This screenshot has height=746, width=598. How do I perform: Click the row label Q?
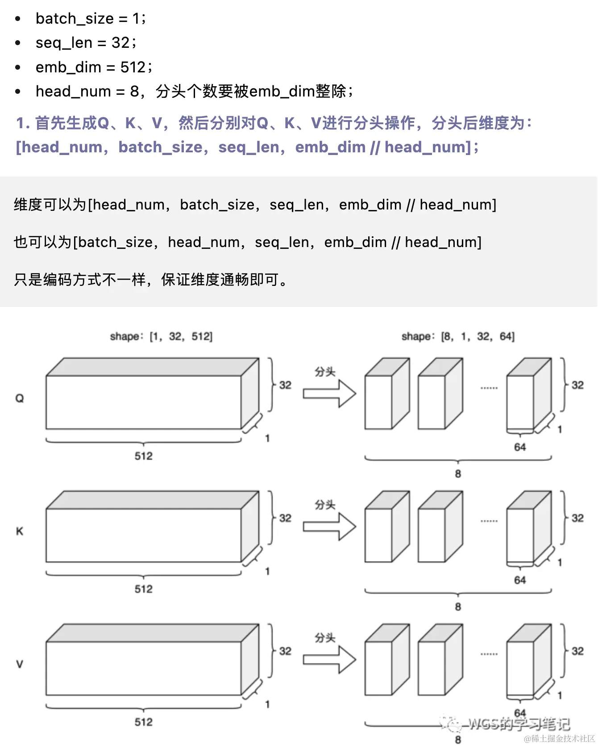(x=20, y=398)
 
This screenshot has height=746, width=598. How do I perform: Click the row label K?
(x=20, y=531)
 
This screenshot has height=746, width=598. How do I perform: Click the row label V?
(x=20, y=664)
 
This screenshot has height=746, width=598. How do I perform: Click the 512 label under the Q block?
(x=144, y=456)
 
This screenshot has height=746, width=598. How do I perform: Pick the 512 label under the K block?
(x=144, y=589)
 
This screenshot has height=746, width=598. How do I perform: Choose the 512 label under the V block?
(x=144, y=722)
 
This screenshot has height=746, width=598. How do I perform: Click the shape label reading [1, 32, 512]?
(x=161, y=336)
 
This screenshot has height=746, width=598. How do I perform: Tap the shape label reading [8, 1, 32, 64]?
(x=458, y=336)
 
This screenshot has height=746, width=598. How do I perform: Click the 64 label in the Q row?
(x=520, y=447)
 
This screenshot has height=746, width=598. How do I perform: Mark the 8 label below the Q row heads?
(x=458, y=474)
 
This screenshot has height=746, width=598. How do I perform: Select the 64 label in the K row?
(x=520, y=580)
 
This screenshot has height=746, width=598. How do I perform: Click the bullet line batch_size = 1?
(x=91, y=18)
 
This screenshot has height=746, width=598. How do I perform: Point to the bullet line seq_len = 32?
(x=86, y=43)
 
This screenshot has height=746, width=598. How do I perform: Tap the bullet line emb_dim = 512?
(x=94, y=67)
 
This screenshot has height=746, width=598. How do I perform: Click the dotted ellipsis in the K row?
(x=489, y=521)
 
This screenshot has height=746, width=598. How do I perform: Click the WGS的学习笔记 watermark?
(x=518, y=723)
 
